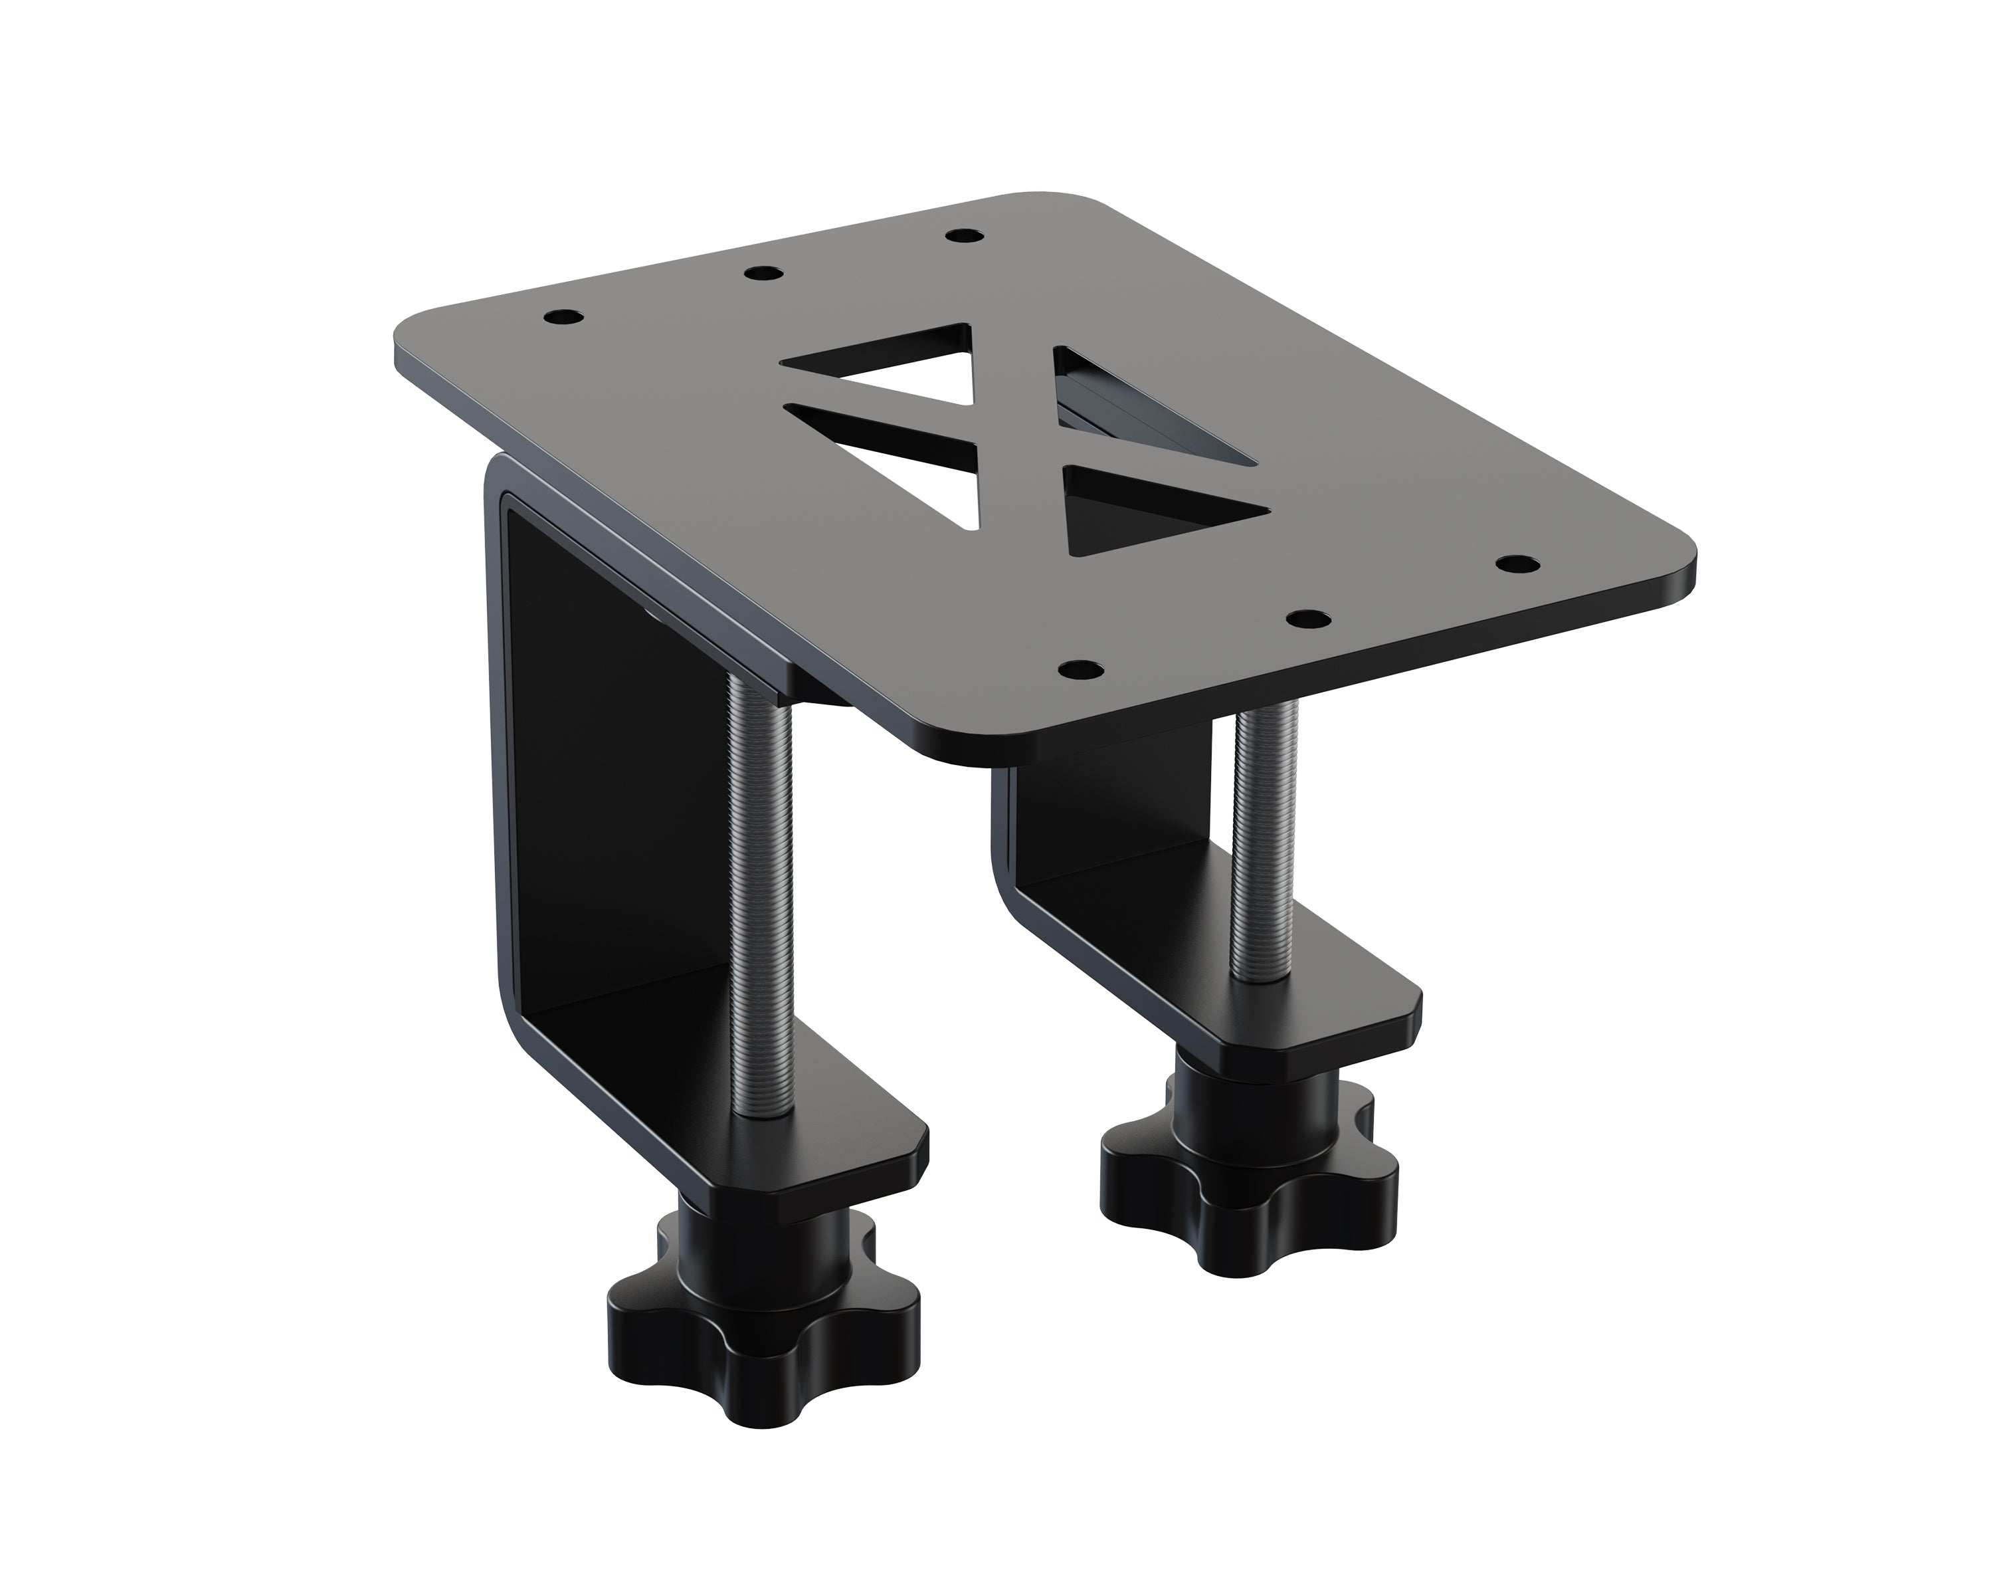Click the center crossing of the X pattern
1017,435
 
